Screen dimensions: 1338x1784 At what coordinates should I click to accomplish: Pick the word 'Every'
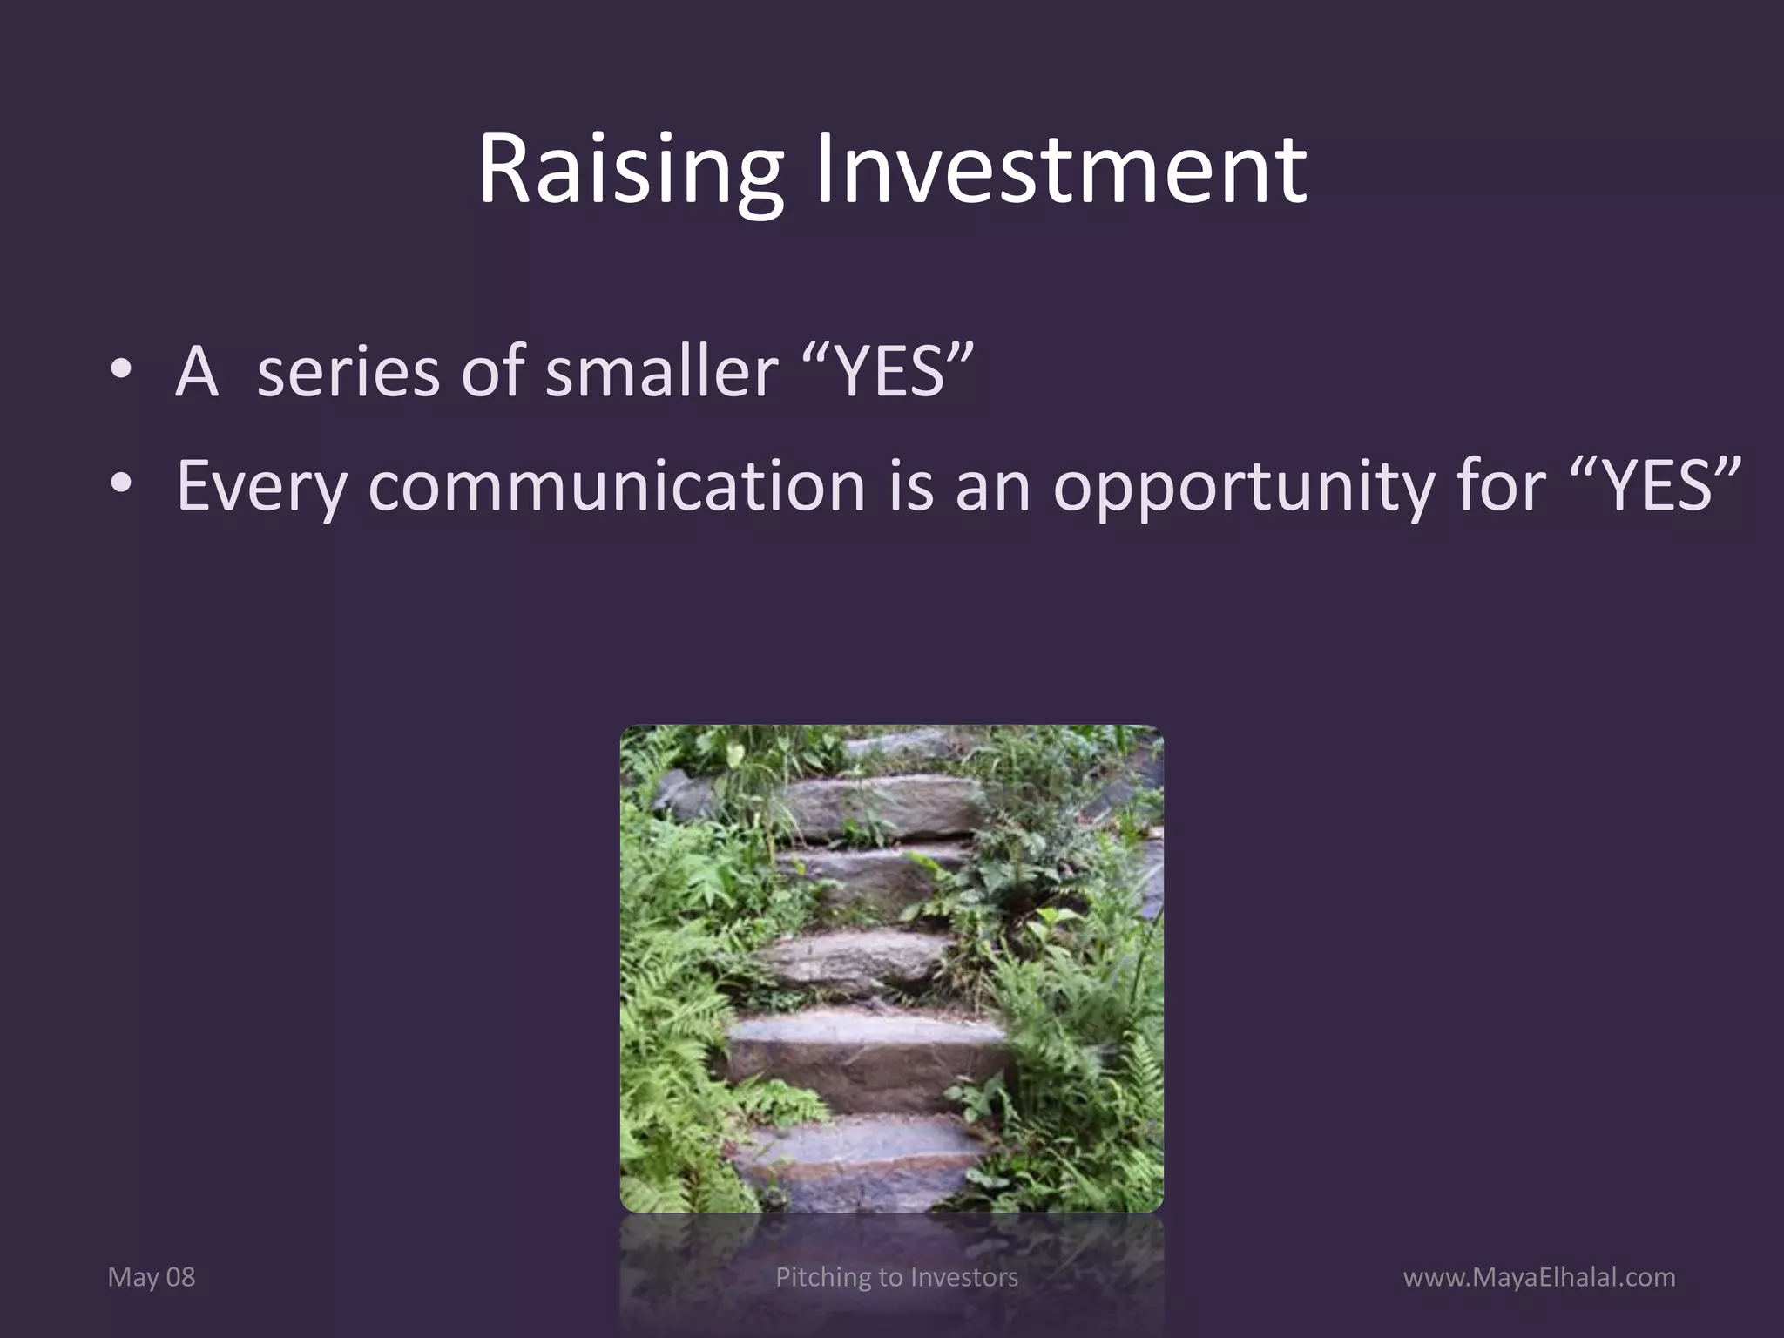[262, 486]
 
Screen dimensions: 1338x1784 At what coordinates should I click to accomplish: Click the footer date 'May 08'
[152, 1278]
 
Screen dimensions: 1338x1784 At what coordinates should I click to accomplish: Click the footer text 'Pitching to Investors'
[896, 1278]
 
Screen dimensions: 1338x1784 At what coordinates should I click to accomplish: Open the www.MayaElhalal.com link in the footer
[1538, 1278]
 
